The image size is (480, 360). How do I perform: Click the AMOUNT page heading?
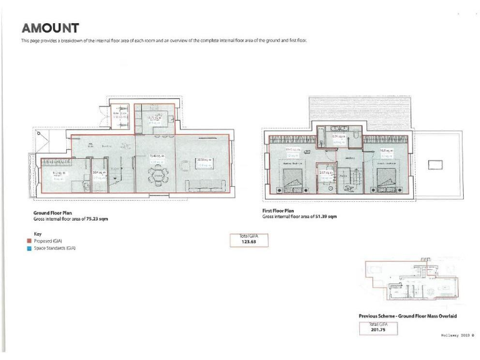pos(50,28)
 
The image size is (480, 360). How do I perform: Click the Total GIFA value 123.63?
pos(249,242)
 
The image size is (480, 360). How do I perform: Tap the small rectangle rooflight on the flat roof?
pos(435,164)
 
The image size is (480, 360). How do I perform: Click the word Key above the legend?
pos(37,233)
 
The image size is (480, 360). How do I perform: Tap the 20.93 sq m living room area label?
pos(206,161)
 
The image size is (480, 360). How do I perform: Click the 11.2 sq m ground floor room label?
pos(58,174)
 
